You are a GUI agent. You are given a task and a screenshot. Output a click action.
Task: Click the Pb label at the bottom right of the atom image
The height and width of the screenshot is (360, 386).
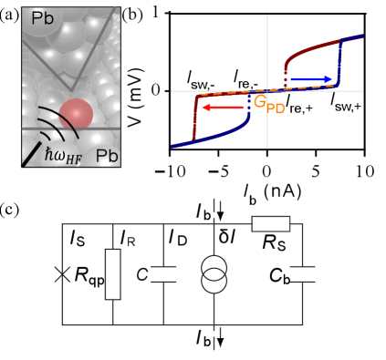point(107,156)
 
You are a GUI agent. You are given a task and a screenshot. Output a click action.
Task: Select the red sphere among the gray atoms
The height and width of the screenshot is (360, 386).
point(77,113)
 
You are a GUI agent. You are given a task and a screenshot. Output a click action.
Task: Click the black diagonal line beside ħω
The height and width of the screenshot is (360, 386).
point(34,154)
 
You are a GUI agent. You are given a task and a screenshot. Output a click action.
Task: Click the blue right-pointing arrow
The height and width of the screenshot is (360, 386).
point(310,80)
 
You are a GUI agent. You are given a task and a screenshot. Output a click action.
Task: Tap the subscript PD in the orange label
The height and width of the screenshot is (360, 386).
point(276,108)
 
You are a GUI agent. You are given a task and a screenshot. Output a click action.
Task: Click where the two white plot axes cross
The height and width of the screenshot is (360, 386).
point(266,91)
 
